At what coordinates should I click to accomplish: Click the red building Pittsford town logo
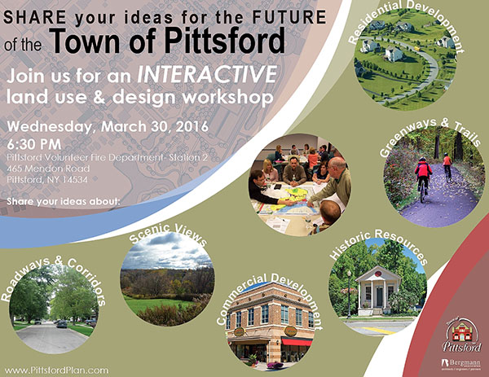click(x=462, y=333)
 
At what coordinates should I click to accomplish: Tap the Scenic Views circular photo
click(x=166, y=280)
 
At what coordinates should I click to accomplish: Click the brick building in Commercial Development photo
click(x=268, y=322)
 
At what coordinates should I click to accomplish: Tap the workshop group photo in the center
click(x=299, y=180)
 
